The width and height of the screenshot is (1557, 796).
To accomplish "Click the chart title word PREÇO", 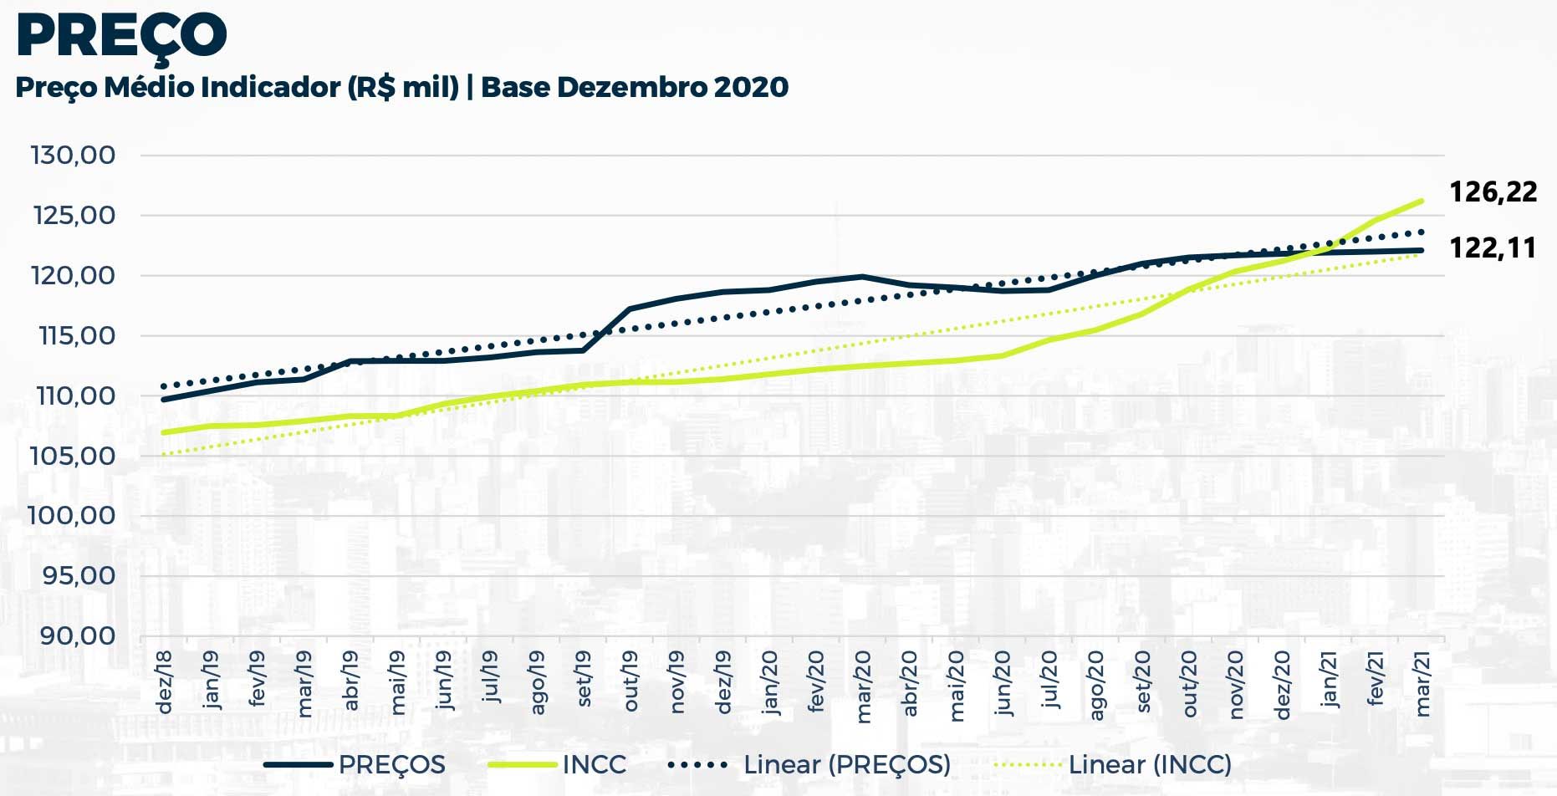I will (121, 35).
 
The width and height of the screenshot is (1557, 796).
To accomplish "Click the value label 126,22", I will (1493, 192).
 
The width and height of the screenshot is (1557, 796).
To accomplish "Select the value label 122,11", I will (1493, 247).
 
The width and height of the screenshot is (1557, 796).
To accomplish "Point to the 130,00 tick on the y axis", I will (74, 156).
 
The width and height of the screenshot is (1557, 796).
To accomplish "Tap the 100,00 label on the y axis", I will (72, 515).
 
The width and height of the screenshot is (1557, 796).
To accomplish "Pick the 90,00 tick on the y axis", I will (78, 635).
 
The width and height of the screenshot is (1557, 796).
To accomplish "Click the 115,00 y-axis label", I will (75, 336).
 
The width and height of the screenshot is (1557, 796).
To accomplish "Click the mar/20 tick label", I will (864, 686).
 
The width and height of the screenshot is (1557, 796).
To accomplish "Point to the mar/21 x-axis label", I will (1422, 685).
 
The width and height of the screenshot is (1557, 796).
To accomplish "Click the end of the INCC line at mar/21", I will (1422, 201).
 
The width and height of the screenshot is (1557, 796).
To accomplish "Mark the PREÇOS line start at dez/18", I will (164, 400).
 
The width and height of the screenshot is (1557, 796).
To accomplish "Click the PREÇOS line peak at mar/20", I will (862, 277).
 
